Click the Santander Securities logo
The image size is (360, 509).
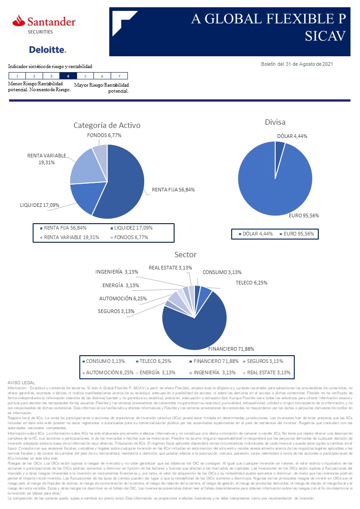pos(44,24)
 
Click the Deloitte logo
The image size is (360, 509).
pos(48,49)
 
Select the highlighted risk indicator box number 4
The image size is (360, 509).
pos(68,76)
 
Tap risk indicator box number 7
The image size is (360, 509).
pos(119,76)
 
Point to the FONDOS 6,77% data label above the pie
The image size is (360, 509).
pos(104,135)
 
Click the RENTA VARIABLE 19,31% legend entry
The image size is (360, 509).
pos(71,237)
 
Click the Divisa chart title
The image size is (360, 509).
pos(275,122)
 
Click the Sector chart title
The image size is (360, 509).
pos(185,254)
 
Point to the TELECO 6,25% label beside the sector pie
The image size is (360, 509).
pos(251,282)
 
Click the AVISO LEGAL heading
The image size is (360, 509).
pos(21,383)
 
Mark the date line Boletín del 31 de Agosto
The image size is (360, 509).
pos(297,64)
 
